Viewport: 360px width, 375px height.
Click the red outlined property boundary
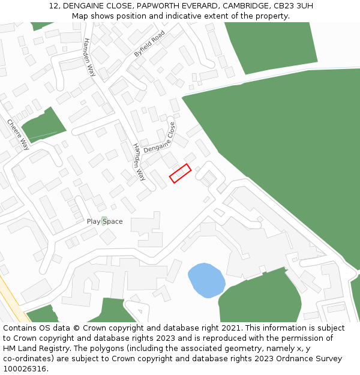pos(180,173)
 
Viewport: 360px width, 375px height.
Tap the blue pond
pos(206,280)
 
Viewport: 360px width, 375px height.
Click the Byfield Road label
pos(149,44)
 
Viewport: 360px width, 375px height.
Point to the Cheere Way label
pos(18,134)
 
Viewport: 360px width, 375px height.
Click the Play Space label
pos(104,221)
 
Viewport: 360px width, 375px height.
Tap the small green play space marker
pos(104,219)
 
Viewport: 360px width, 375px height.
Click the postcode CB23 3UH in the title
pos(292,6)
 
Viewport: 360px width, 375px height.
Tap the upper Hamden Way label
pos(89,57)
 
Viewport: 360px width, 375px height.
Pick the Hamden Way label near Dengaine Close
pos(139,162)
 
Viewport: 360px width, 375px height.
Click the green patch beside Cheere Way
pos(43,125)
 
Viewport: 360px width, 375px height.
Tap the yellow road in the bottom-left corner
pos(12,300)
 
